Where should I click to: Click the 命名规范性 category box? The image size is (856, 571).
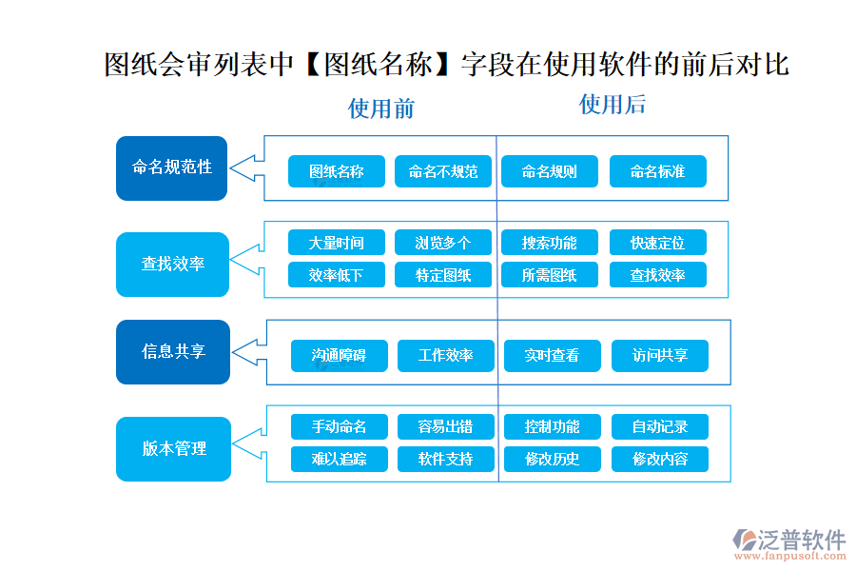(171, 167)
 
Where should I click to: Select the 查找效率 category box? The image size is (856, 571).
(172, 264)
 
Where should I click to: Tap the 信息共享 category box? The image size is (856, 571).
(172, 351)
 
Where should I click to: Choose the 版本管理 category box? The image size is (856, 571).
(173, 448)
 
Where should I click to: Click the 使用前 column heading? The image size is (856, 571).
(381, 108)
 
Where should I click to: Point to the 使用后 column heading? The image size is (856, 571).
(613, 104)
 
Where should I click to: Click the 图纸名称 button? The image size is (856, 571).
(337, 171)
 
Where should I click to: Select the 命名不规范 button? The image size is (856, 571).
(443, 171)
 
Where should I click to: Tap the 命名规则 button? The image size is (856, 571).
(549, 171)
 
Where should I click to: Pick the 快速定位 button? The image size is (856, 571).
(657, 243)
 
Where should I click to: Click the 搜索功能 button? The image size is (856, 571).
(549, 243)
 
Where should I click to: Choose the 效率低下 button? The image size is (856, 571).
(337, 275)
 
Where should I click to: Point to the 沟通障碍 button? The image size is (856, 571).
(339, 356)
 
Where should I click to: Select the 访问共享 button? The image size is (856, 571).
(660, 356)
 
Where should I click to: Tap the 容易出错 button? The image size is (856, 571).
(445, 426)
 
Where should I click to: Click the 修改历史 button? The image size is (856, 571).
(552, 459)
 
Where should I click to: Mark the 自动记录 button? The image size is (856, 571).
(660, 426)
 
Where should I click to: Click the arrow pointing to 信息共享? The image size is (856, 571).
(248, 351)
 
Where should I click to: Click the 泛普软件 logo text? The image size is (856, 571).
(801, 540)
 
